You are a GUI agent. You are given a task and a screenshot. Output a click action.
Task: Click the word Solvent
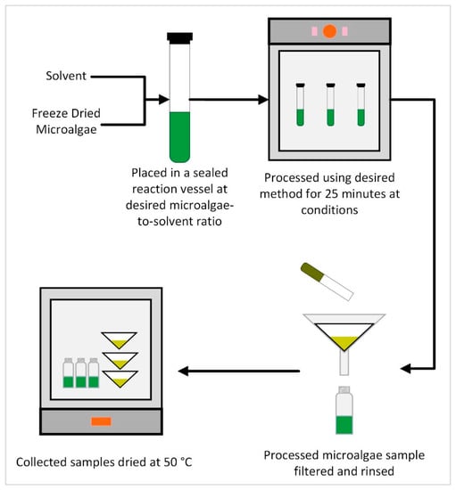tap(66, 76)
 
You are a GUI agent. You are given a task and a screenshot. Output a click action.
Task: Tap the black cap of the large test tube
tap(179, 37)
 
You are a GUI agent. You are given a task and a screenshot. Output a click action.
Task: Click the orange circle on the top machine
tap(329, 31)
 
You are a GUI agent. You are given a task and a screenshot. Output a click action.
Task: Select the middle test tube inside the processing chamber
tap(330, 104)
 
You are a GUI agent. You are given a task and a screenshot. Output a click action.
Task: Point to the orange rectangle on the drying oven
tap(101, 421)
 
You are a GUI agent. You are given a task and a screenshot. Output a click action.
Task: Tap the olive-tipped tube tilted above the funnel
tap(327, 282)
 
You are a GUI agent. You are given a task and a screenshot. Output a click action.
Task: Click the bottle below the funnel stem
tap(344, 411)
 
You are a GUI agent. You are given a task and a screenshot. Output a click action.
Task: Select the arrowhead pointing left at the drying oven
tap(183, 371)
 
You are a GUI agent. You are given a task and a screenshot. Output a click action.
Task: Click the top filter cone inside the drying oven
tap(119, 340)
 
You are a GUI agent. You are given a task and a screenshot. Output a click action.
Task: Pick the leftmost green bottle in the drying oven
tap(68, 373)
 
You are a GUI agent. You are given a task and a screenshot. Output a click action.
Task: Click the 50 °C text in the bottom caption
tap(178, 462)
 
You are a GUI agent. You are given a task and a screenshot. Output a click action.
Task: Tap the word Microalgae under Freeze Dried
tap(66, 129)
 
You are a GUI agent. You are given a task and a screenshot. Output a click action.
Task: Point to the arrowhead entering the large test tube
tap(164, 100)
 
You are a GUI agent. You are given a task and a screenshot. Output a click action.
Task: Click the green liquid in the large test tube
tap(179, 137)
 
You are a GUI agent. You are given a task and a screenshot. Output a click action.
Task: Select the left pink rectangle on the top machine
tap(314, 31)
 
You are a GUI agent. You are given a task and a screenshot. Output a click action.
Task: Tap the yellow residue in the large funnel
tap(344, 342)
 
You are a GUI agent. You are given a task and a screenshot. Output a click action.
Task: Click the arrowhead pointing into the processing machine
tap(263, 100)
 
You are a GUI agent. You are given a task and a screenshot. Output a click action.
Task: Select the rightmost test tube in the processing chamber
tap(361, 104)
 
